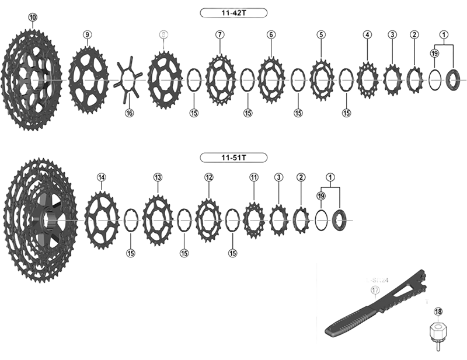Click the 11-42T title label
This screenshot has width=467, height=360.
pyautogui.click(x=233, y=12)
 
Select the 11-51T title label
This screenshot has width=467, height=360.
pyautogui.click(x=233, y=157)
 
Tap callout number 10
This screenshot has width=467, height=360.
pyautogui.click(x=32, y=18)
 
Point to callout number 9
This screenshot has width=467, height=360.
pyautogui.click(x=87, y=35)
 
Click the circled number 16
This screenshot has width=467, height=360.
pyautogui.click(x=129, y=113)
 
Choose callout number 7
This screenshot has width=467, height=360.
pyautogui.click(x=219, y=35)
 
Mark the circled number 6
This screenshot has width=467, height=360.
pyautogui.click(x=271, y=35)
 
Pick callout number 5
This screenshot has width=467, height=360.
pyautogui.click(x=321, y=35)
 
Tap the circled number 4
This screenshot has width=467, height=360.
pyautogui.click(x=367, y=35)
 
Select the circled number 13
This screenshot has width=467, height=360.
pyautogui.click(x=158, y=177)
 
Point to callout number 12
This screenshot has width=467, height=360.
pyautogui.click(x=208, y=177)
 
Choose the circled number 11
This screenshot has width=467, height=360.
pyautogui.click(x=253, y=177)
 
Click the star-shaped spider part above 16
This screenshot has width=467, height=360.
pyautogui.click(x=129, y=79)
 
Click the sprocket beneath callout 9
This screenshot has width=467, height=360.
pyautogui.click(x=88, y=76)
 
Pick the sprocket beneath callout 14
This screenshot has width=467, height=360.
pyautogui.click(x=102, y=220)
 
